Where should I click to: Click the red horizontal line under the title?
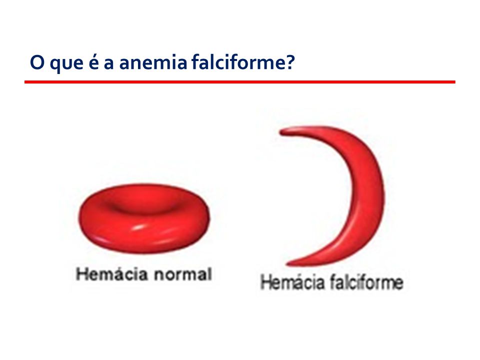pos(240,81)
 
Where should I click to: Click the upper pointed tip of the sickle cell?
pos(284,131)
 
